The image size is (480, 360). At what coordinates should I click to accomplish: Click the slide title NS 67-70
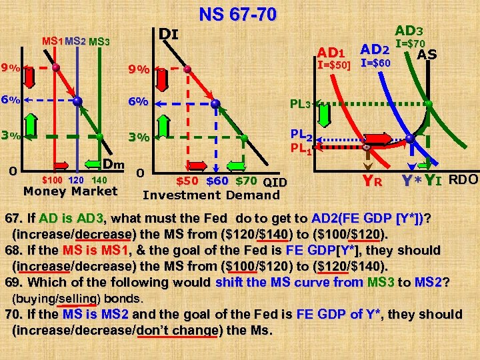pos(237,14)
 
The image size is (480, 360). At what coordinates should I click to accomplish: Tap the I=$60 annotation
pos(376,63)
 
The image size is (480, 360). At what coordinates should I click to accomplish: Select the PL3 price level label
pos(299,104)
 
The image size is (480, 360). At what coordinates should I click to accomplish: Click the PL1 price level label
pos(299,149)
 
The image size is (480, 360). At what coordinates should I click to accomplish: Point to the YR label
pos(371,179)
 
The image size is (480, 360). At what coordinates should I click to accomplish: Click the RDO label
pos(463,179)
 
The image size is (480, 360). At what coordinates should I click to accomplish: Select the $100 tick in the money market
pos(53,180)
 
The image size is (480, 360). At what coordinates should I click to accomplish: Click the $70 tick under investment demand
pos(247,181)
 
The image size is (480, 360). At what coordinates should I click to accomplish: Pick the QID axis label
pos(275,181)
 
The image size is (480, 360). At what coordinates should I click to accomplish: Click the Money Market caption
pos(70,192)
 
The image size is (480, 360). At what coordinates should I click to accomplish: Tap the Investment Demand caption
pos(211,195)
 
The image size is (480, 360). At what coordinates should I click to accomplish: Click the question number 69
pos(13,283)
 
